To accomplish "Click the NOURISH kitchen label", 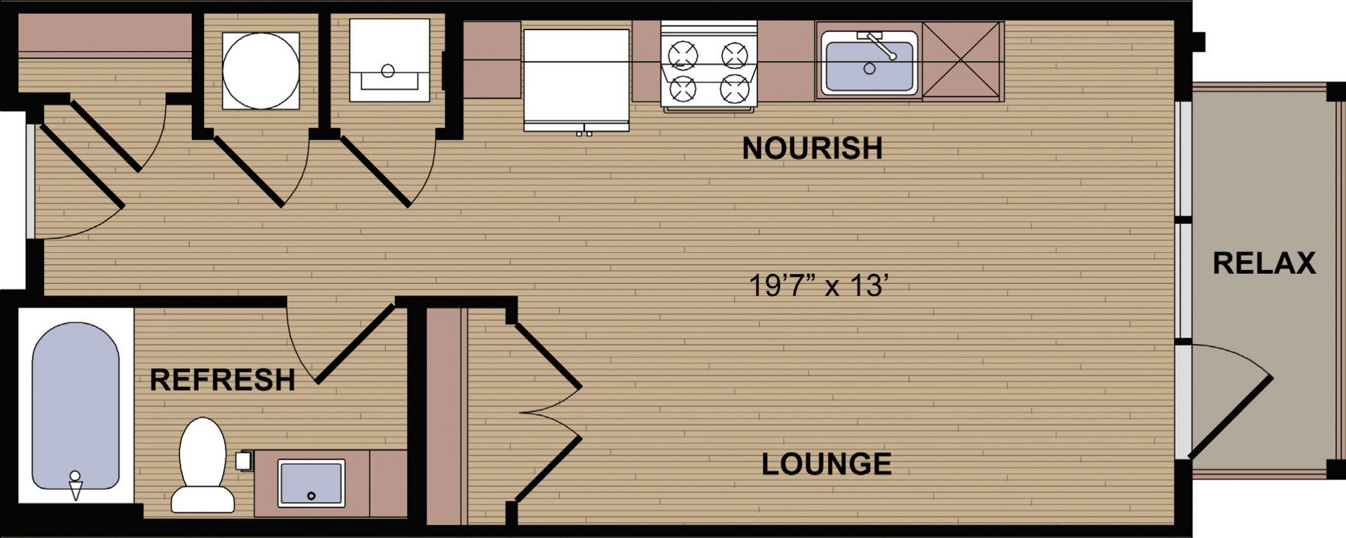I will click(812, 148).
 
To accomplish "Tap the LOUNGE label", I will click(826, 464).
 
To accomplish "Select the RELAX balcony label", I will click(1263, 263).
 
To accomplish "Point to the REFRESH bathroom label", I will click(222, 380).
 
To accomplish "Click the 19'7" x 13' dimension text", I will click(819, 286).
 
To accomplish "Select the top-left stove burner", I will click(683, 55).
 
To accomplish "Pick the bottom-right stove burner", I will click(733, 88).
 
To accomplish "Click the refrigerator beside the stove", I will click(576, 78).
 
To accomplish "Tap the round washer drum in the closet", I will click(261, 70).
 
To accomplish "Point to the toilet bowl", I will click(202, 453).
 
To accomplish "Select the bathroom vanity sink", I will click(311, 483).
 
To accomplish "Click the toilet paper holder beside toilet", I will click(244, 460).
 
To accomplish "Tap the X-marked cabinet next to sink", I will click(962, 60).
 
